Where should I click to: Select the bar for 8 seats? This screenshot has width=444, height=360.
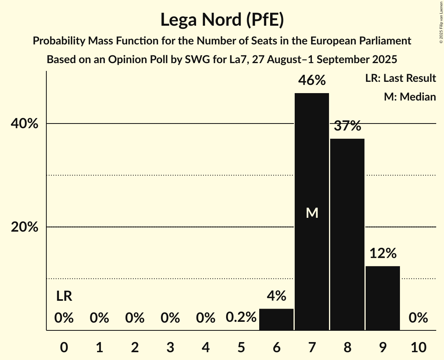point(347,234)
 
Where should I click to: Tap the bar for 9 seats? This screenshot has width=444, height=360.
point(383,298)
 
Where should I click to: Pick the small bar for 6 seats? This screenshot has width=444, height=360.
point(276,319)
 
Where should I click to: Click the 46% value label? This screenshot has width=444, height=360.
point(312,81)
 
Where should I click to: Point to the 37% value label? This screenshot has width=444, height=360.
point(347,126)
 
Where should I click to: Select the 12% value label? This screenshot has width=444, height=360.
point(383,254)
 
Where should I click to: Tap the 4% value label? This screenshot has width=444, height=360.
point(276,296)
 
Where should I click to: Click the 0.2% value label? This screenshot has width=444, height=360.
point(241,318)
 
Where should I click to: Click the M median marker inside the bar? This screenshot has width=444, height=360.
point(312,213)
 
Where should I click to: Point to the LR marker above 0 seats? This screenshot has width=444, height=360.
point(64,296)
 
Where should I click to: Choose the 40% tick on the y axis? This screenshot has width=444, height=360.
point(25,124)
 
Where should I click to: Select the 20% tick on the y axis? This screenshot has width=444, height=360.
point(25,227)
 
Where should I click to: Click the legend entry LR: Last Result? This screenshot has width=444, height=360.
point(400,78)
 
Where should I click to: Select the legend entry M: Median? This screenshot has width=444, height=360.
point(410,97)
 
